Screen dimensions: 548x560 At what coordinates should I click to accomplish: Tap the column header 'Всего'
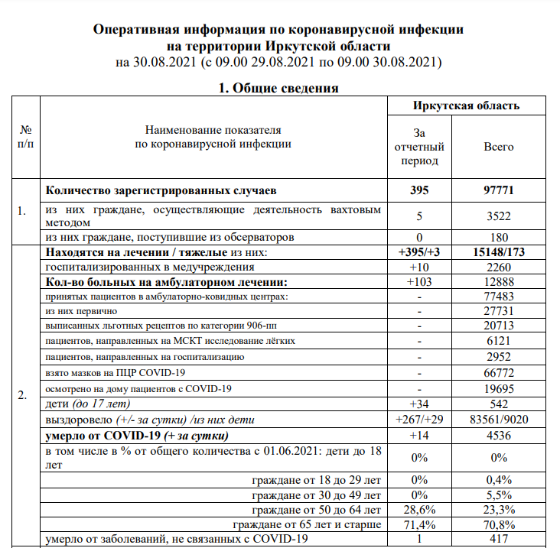pos(499,147)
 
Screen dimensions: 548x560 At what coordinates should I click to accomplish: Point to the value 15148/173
pos(499,252)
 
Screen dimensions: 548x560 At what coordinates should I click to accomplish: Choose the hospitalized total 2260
pos(499,268)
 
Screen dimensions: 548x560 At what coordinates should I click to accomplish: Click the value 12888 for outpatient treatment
pos(499,282)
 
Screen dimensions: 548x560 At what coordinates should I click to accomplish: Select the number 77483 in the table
pos(499,297)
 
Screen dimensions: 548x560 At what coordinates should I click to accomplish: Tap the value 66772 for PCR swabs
pos(499,373)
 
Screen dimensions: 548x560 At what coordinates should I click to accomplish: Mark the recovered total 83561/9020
pos(499,420)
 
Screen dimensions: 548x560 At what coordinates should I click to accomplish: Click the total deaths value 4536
pos(499,436)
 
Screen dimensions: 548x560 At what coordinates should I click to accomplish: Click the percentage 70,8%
pos(499,524)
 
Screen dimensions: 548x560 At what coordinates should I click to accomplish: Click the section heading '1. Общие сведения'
pos(279,88)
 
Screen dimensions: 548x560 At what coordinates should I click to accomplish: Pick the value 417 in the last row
pos(499,540)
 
